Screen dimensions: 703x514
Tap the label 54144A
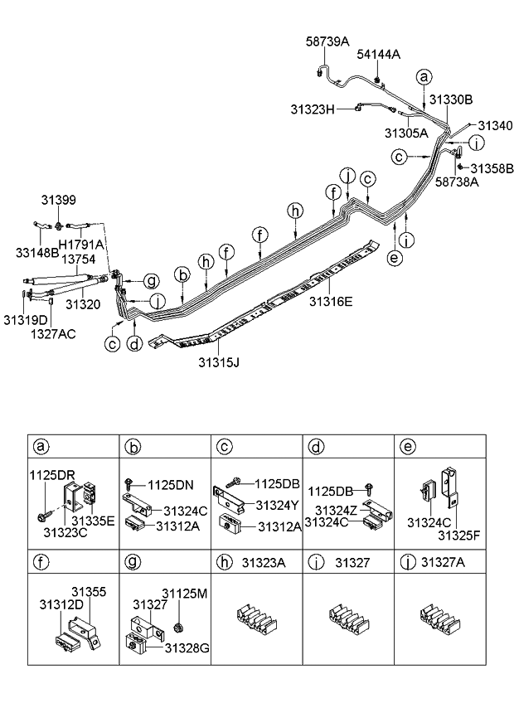pos(379,55)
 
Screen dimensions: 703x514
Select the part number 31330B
pos(451,99)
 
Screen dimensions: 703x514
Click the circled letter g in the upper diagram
pos(153,279)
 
